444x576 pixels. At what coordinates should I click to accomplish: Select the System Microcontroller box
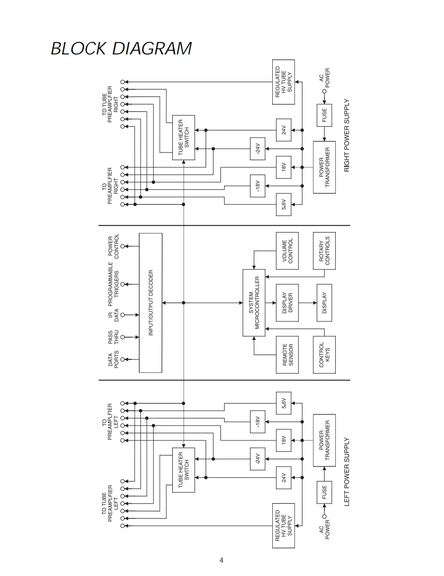point(254,303)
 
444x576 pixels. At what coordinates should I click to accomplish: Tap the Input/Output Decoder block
point(151,303)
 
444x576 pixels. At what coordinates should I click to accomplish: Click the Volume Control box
point(287,251)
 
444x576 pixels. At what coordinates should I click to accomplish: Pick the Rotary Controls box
point(325,251)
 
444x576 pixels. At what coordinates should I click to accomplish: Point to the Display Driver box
point(287,303)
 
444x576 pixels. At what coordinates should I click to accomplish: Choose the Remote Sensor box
point(287,354)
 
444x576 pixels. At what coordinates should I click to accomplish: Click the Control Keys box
point(325,354)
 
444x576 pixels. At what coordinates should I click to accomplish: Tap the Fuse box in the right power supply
point(325,115)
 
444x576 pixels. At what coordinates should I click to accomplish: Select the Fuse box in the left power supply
point(325,492)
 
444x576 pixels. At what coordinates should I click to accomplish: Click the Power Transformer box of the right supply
point(325,167)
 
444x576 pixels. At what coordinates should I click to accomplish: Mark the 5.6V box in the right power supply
point(284,204)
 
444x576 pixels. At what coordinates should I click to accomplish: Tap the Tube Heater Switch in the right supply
point(184,137)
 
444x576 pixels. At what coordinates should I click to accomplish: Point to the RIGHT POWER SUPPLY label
point(347,135)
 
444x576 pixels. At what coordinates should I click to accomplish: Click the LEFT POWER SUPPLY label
point(347,472)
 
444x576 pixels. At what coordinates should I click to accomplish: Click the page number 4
point(221,560)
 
